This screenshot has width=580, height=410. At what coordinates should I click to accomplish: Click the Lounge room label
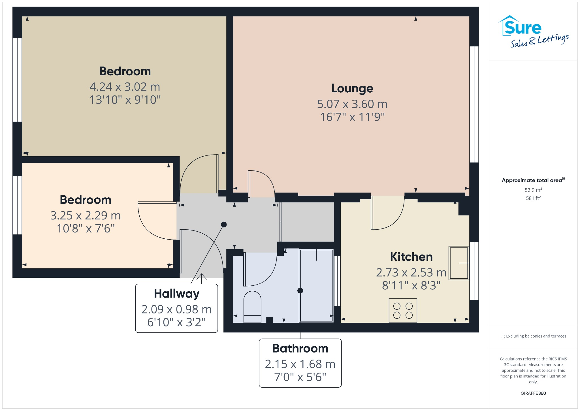352,88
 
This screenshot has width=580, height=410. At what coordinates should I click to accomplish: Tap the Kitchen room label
411,257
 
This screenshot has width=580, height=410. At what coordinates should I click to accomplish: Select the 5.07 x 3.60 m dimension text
352,104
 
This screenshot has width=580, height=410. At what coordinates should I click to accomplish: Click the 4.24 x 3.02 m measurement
125,87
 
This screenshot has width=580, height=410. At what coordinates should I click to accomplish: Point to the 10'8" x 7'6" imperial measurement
86,229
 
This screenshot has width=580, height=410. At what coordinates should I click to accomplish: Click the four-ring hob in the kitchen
403,310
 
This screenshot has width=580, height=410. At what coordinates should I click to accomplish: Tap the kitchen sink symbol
459,263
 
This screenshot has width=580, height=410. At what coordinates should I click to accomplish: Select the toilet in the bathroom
252,306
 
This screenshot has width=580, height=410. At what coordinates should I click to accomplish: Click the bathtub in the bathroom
316,285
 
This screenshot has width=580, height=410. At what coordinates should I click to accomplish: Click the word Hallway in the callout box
176,294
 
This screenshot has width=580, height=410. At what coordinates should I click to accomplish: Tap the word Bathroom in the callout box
300,348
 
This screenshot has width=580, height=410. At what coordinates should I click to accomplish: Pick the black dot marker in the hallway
224,225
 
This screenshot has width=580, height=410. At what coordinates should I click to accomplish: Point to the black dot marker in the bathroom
300,291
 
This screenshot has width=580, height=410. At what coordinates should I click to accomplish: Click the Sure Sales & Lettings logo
533,31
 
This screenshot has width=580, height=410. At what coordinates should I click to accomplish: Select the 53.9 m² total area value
533,190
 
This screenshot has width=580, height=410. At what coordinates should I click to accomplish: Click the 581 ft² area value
533,198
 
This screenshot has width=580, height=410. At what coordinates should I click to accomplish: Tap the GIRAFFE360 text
533,393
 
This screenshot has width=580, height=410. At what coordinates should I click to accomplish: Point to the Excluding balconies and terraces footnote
533,336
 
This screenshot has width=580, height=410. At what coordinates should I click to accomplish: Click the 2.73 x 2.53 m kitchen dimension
411,272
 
